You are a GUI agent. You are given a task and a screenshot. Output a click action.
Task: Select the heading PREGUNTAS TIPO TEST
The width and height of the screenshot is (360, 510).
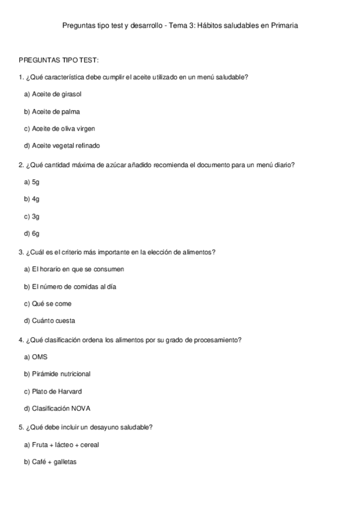pyautogui.click(x=59, y=60)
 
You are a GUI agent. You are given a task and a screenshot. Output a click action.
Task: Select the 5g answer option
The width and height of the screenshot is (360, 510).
pyautogui.click(x=32, y=182)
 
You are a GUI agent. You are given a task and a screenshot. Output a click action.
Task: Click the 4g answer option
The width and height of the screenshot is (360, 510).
pyautogui.click(x=32, y=198)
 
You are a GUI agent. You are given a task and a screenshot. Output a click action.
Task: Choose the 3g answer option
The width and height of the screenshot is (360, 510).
pyautogui.click(x=32, y=216)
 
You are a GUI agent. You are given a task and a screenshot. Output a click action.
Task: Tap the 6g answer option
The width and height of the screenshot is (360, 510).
pyautogui.click(x=32, y=233)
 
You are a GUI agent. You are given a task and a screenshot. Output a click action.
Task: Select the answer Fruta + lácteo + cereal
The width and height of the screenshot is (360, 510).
pyautogui.click(x=61, y=444)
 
